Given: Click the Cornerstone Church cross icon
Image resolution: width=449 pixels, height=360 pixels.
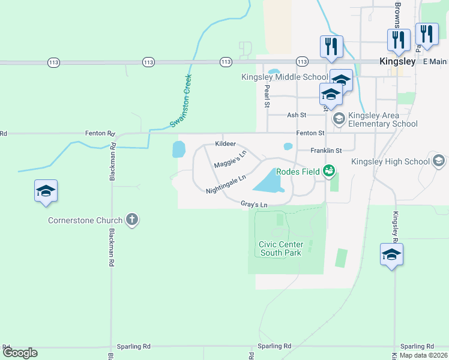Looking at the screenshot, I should (x=132, y=220).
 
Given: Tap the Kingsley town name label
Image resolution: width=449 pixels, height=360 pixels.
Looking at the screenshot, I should (x=397, y=61).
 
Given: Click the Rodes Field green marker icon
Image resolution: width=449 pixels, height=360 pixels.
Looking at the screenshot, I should (x=328, y=172).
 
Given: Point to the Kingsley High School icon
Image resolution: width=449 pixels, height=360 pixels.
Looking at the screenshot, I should (x=439, y=161).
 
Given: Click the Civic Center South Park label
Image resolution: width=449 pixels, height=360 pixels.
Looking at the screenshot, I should (x=281, y=248).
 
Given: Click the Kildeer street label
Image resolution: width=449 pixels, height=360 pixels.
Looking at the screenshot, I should (x=225, y=145).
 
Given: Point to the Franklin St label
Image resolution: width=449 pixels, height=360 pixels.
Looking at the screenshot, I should (x=325, y=151).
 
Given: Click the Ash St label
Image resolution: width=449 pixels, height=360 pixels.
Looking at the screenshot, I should (x=297, y=115).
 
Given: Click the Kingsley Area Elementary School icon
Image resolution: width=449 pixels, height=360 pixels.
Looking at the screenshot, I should (x=339, y=119).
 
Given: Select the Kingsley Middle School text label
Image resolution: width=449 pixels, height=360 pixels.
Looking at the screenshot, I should (x=285, y=77).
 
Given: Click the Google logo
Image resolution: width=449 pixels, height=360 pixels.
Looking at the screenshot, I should (x=20, y=352).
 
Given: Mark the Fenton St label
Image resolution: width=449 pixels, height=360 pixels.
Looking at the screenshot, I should (x=310, y=133).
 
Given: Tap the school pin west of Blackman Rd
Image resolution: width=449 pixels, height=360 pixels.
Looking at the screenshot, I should (x=46, y=191).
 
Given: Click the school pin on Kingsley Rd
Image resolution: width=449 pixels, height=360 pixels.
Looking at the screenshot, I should (x=391, y=254).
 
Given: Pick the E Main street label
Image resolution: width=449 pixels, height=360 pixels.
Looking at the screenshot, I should (x=435, y=62).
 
